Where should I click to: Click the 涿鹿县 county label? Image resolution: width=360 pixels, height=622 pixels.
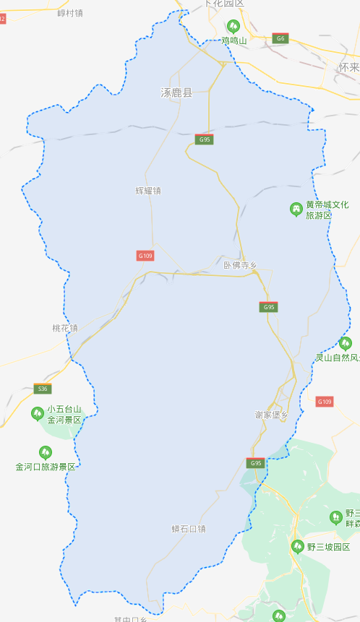[x=176, y=93]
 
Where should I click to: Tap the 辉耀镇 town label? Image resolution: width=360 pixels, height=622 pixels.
[x=148, y=191]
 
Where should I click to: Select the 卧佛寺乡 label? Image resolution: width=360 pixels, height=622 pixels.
[x=241, y=265]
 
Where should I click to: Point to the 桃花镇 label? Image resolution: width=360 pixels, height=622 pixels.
[x=65, y=328]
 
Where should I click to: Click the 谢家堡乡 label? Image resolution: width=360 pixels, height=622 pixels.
[x=272, y=415]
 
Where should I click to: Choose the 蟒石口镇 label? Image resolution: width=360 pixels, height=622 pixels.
[x=189, y=529]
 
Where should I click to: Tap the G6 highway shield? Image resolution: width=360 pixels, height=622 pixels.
[x=280, y=38]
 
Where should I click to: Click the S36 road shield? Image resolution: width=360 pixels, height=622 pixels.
[x=43, y=389]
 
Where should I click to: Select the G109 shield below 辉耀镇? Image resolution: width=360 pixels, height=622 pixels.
[x=145, y=255]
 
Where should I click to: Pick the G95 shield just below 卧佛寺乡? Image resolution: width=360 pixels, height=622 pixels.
[x=269, y=307]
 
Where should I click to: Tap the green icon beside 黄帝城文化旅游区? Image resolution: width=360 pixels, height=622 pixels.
[x=296, y=210]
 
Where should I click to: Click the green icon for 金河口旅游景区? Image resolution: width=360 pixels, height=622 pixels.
[x=46, y=453]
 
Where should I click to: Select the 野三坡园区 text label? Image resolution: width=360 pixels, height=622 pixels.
[x=328, y=547]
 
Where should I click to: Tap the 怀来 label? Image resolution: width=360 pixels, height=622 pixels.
[x=348, y=67]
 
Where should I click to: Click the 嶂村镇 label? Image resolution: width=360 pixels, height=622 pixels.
[x=70, y=13]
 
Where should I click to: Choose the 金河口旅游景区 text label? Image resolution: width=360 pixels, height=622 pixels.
[x=46, y=467]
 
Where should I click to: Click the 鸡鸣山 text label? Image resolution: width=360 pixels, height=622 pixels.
[x=234, y=41]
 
